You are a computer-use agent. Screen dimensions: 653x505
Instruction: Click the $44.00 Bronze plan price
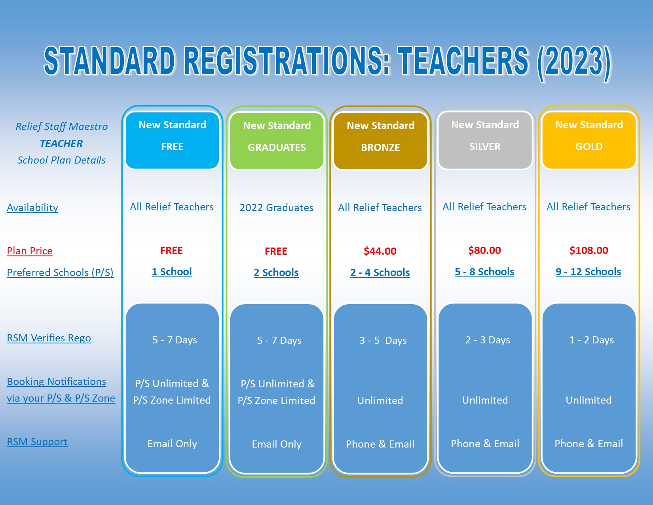coord(380,251)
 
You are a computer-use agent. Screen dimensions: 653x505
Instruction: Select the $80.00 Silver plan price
coord(484,250)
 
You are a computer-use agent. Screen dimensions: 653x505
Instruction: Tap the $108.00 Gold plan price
coord(589,250)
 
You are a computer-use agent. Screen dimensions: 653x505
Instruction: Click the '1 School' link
coord(172,272)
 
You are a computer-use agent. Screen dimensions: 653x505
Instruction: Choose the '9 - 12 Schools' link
coord(588,272)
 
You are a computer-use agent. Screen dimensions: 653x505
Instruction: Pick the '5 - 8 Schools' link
coord(484,272)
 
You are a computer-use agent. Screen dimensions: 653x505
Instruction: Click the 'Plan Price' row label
coord(30,251)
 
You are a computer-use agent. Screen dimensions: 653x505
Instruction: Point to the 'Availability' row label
coord(32,208)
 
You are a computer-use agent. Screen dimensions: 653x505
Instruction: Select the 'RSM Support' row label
coord(37,442)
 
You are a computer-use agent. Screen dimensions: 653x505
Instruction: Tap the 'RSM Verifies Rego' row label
coord(49,338)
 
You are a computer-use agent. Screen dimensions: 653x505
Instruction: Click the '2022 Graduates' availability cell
coord(276,208)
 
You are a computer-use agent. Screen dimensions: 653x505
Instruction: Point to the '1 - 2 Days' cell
coord(591,340)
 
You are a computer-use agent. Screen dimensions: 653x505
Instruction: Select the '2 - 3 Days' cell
coord(488,340)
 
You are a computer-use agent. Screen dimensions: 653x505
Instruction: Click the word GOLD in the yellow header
coord(589,147)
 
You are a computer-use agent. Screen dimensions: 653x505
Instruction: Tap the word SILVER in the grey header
coord(485,147)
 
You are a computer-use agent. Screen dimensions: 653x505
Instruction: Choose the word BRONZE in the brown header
coord(380,147)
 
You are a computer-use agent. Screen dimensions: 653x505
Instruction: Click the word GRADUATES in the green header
coord(277,147)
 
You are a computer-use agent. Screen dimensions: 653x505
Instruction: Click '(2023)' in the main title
coord(574,63)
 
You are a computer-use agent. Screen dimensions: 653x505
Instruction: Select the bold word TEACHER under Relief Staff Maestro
coord(61,143)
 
